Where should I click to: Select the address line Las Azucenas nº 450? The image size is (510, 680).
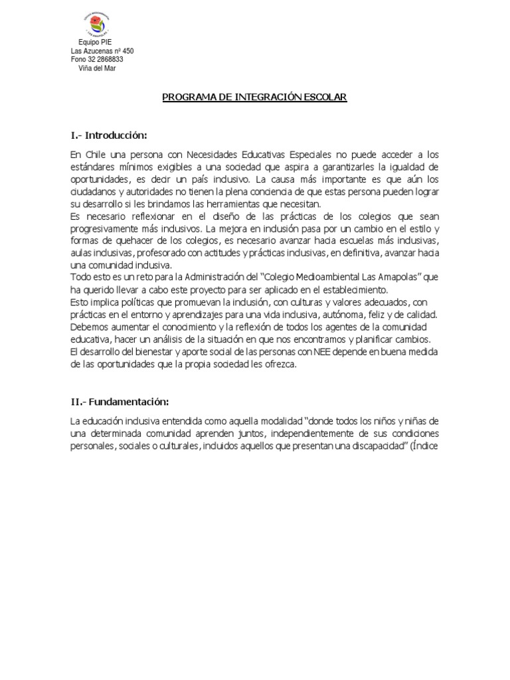point(102,51)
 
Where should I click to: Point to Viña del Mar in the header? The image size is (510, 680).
point(97,68)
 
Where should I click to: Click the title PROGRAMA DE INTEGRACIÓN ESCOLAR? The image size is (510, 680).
point(255,98)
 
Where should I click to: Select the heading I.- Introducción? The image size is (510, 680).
point(108,135)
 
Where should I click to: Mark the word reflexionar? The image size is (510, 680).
point(143,217)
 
